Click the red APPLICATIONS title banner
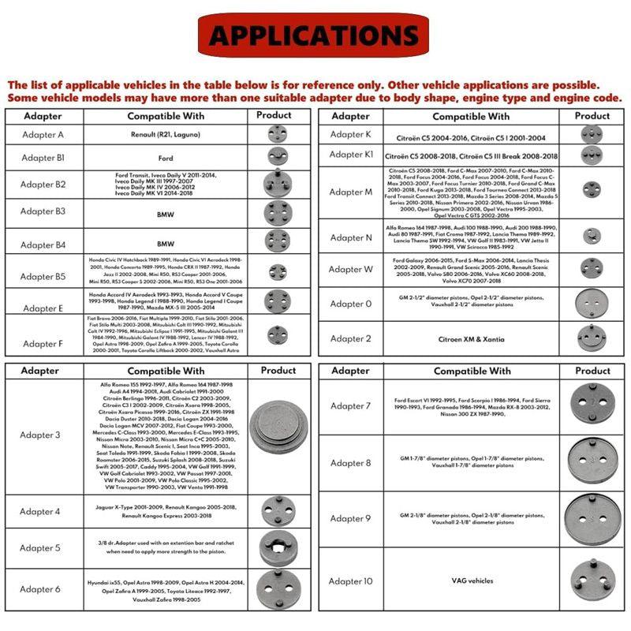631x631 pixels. click(314, 35)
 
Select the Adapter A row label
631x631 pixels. click(43, 135)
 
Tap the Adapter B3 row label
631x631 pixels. click(43, 211)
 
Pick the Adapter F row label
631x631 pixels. click(43, 343)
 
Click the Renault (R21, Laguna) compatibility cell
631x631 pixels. click(166, 135)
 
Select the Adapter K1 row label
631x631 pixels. click(351, 155)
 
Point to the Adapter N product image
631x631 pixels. click(592, 236)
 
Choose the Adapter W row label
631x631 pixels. click(351, 269)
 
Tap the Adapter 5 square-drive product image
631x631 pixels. click(278, 547)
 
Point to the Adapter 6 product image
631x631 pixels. click(278, 588)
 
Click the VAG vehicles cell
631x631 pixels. click(472, 581)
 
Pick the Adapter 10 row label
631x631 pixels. click(351, 581)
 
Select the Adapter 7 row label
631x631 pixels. click(351, 406)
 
